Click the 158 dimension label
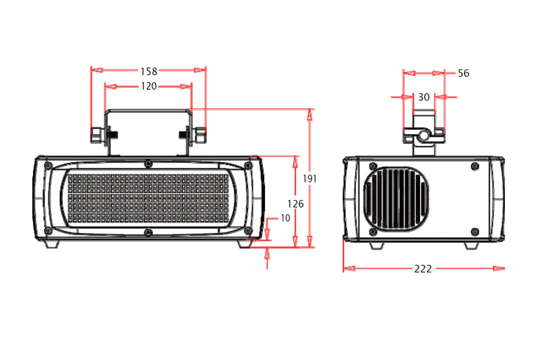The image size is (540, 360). pyautogui.click(x=148, y=71)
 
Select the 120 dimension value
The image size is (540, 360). pyautogui.click(x=147, y=86)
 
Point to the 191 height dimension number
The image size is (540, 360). pyautogui.click(x=310, y=179)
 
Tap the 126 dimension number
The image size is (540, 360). pyautogui.click(x=295, y=204)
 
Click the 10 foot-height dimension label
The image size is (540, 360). pyautogui.click(x=284, y=218)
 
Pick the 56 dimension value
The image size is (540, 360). pyautogui.click(x=463, y=73)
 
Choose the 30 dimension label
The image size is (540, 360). pyautogui.click(x=424, y=98)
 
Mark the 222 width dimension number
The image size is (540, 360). pyautogui.click(x=423, y=269)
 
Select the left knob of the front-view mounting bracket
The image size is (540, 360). pyautogui.click(x=97, y=133)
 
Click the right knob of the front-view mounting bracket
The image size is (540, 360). pyautogui.click(x=200, y=133)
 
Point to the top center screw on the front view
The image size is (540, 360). pyautogui.click(x=148, y=164)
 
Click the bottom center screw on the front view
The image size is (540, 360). pyautogui.click(x=148, y=232)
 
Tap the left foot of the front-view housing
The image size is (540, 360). pyautogui.click(x=52, y=244)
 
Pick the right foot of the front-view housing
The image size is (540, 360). pyautogui.click(x=245, y=244)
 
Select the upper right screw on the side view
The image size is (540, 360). pyautogui.click(x=475, y=166)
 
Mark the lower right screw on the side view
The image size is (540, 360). pyautogui.click(x=475, y=231)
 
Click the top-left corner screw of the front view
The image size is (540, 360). pyautogui.click(x=47, y=166)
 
